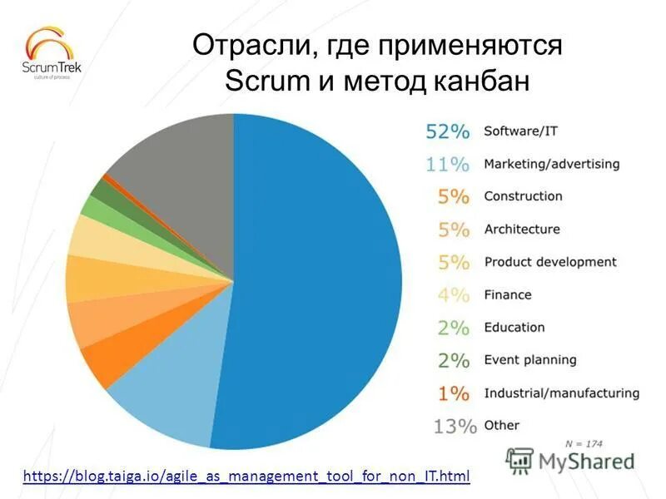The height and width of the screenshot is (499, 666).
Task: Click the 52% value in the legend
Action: tap(448, 131)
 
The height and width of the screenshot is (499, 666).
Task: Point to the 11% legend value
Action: tap(448, 164)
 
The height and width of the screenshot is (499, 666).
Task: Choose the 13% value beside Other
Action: tap(455, 426)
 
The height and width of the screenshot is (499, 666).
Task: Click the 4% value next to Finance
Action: tap(454, 294)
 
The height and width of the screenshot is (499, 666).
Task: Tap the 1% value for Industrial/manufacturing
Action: tap(454, 393)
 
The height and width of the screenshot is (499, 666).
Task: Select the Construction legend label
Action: tap(523, 196)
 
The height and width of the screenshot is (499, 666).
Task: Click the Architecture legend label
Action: tap(522, 230)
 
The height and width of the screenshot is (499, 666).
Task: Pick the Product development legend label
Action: tap(550, 262)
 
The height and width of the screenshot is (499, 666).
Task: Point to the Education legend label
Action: tap(514, 328)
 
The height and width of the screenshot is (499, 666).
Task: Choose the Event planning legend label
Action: tap(530, 360)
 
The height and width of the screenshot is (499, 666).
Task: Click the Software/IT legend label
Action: tap(520, 131)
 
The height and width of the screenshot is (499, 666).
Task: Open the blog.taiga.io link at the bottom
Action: tap(246, 477)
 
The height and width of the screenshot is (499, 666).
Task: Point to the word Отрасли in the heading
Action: tap(249, 45)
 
